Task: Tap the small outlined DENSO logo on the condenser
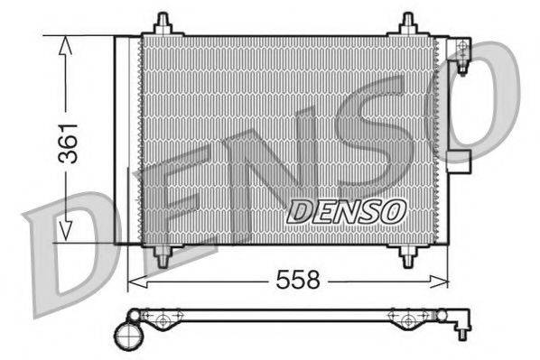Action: click(346, 212)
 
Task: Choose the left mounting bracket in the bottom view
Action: click(163, 318)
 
